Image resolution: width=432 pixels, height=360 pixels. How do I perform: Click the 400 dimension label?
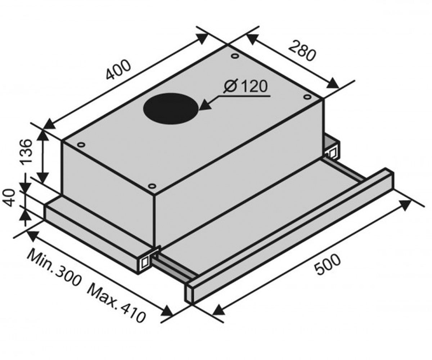[x=118, y=70]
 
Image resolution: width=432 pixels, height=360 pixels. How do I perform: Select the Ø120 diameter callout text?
[x=246, y=86]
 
